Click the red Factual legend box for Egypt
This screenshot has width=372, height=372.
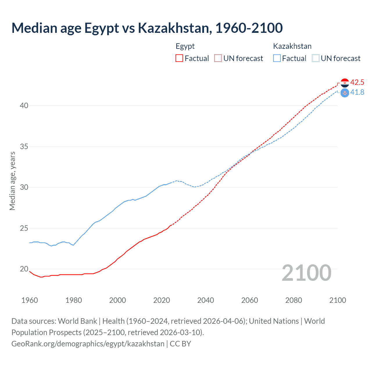point(179,58)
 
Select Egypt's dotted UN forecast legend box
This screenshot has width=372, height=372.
point(218,58)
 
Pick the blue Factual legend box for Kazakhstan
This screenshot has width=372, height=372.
point(277,58)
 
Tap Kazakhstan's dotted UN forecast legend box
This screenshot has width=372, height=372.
point(315,58)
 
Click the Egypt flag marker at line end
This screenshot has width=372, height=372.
point(345,83)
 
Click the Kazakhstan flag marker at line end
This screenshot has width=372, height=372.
point(345,93)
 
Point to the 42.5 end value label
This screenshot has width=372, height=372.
point(357,83)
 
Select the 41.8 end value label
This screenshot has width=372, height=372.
point(357,92)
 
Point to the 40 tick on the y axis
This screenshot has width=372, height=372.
point(24,105)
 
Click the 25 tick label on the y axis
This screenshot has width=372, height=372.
point(24,228)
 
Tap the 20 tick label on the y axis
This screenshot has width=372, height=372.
point(24,269)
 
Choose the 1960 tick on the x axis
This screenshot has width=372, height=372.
point(30,300)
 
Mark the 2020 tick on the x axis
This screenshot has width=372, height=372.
point(162,300)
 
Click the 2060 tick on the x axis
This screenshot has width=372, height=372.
point(250,300)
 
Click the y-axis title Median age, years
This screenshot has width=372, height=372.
point(12,181)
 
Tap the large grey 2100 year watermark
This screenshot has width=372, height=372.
point(306,273)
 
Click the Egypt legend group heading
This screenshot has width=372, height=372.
point(185,46)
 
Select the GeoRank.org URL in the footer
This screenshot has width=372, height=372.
point(88,344)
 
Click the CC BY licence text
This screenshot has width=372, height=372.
point(180,344)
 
